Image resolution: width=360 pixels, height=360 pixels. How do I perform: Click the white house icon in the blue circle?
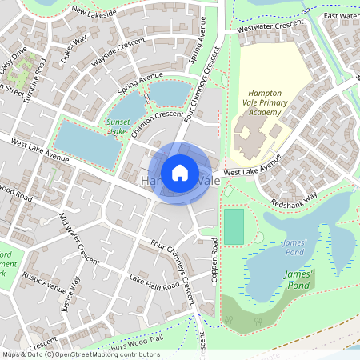click(180, 172)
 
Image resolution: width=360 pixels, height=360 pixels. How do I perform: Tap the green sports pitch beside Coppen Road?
click(234, 226)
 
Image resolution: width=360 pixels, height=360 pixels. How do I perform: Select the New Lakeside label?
click(94, 11)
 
